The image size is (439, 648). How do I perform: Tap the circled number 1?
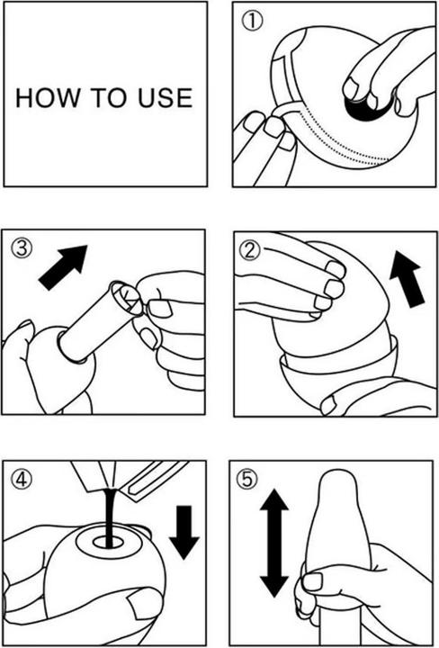[x=252, y=22]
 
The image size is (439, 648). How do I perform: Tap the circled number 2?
[x=250, y=250]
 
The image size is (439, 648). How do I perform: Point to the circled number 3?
[x=22, y=248]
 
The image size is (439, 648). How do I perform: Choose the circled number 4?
[x=22, y=480]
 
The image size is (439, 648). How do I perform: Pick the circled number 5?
[x=246, y=480]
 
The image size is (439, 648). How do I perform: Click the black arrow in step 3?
[x=63, y=267]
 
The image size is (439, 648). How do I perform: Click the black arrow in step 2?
[x=406, y=279]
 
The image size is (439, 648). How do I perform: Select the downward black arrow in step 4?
[x=184, y=532]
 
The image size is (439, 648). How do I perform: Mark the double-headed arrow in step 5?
[x=274, y=543]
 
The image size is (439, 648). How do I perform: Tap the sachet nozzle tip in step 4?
[x=109, y=488]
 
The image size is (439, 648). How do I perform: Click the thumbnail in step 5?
[x=312, y=581]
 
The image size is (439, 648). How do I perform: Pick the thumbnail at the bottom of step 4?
[x=142, y=604]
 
